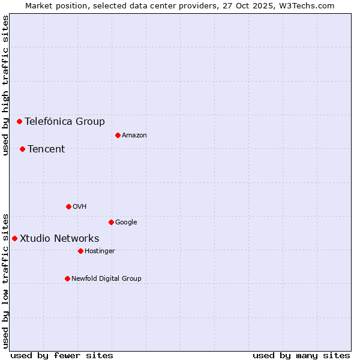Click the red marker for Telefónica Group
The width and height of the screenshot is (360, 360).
(19, 121)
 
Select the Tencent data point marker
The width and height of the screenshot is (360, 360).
(22, 149)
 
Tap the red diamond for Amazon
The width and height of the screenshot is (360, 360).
(118, 135)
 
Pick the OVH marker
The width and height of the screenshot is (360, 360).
(68, 206)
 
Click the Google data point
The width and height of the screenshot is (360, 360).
(111, 222)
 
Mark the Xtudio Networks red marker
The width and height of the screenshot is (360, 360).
(14, 238)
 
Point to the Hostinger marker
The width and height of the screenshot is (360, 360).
(80, 251)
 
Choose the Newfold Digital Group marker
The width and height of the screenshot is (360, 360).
(67, 278)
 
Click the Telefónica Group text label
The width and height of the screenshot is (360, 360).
(65, 121)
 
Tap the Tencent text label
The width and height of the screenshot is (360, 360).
(46, 149)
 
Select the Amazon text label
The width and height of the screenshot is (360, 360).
(134, 135)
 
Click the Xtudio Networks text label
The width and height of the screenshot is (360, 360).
(59, 238)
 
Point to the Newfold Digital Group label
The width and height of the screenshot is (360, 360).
(106, 278)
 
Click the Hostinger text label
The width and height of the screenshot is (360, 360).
(100, 251)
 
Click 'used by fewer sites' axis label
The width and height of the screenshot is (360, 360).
(62, 355)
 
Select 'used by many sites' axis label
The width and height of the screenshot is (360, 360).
(301, 355)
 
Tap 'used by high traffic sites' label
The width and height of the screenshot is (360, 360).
(5, 85)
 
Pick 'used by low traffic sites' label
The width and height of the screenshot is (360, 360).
(5, 280)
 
